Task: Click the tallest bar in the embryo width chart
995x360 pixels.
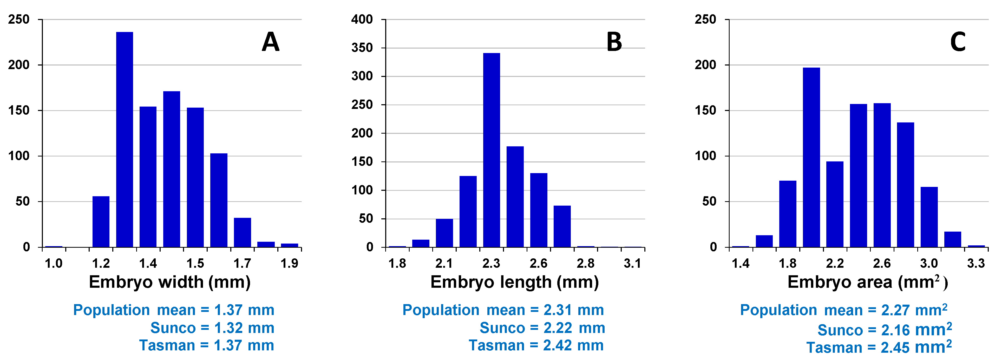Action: pos(124,139)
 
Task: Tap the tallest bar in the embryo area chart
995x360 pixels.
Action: pos(811,157)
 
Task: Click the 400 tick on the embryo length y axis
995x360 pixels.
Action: pos(362,19)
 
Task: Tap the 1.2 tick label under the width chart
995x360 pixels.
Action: pos(101,263)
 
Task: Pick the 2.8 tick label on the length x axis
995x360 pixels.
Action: pos(585,263)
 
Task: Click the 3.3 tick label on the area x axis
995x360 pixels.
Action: pos(976,263)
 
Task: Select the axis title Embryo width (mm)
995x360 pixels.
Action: pos(169,282)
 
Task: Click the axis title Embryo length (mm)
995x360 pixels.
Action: pos(514,282)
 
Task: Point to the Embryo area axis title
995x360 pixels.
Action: pos(867,282)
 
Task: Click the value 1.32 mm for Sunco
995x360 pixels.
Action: pos(244,328)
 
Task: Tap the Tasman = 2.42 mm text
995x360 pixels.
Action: pos(536,345)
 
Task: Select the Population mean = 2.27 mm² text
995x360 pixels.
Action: pos(843,310)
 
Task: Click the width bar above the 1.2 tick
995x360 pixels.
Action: pos(101,222)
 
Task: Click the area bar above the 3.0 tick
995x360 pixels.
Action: pos(929,217)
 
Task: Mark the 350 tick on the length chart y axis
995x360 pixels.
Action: pos(362,48)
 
